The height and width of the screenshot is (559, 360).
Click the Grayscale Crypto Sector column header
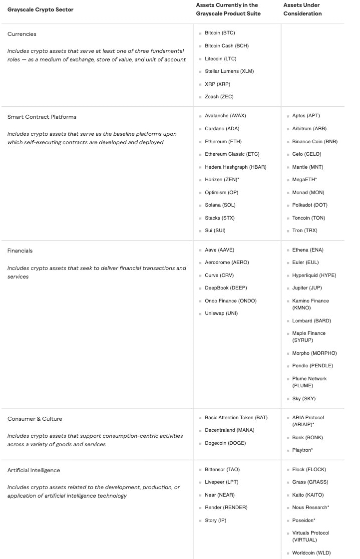pos(40,9)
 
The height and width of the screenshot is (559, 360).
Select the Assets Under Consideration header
pos(303,9)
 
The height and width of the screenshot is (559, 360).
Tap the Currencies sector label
pos(22,34)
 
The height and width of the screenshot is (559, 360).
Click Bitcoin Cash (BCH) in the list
pos(227,46)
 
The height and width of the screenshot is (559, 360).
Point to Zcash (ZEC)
pos(219,97)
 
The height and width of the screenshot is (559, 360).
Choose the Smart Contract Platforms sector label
pos(42,117)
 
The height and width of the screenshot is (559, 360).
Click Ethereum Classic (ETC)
pos(232,154)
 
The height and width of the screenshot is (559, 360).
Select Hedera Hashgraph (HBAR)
pos(236,167)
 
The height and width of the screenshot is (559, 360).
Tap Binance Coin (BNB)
pos(315,142)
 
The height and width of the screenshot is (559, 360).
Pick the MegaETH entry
pos(305,179)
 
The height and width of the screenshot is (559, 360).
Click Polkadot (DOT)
pos(310,205)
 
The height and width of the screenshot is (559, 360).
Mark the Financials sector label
pos(20,251)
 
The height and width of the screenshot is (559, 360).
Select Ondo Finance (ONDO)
pos(231,301)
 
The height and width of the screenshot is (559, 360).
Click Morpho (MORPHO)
pos(315,353)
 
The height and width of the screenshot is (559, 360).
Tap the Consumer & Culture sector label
pos(35,419)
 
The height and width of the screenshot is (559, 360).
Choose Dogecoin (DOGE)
pos(225,443)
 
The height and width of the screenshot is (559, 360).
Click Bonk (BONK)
pos(308,438)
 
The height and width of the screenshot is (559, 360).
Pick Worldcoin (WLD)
pos(312,553)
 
